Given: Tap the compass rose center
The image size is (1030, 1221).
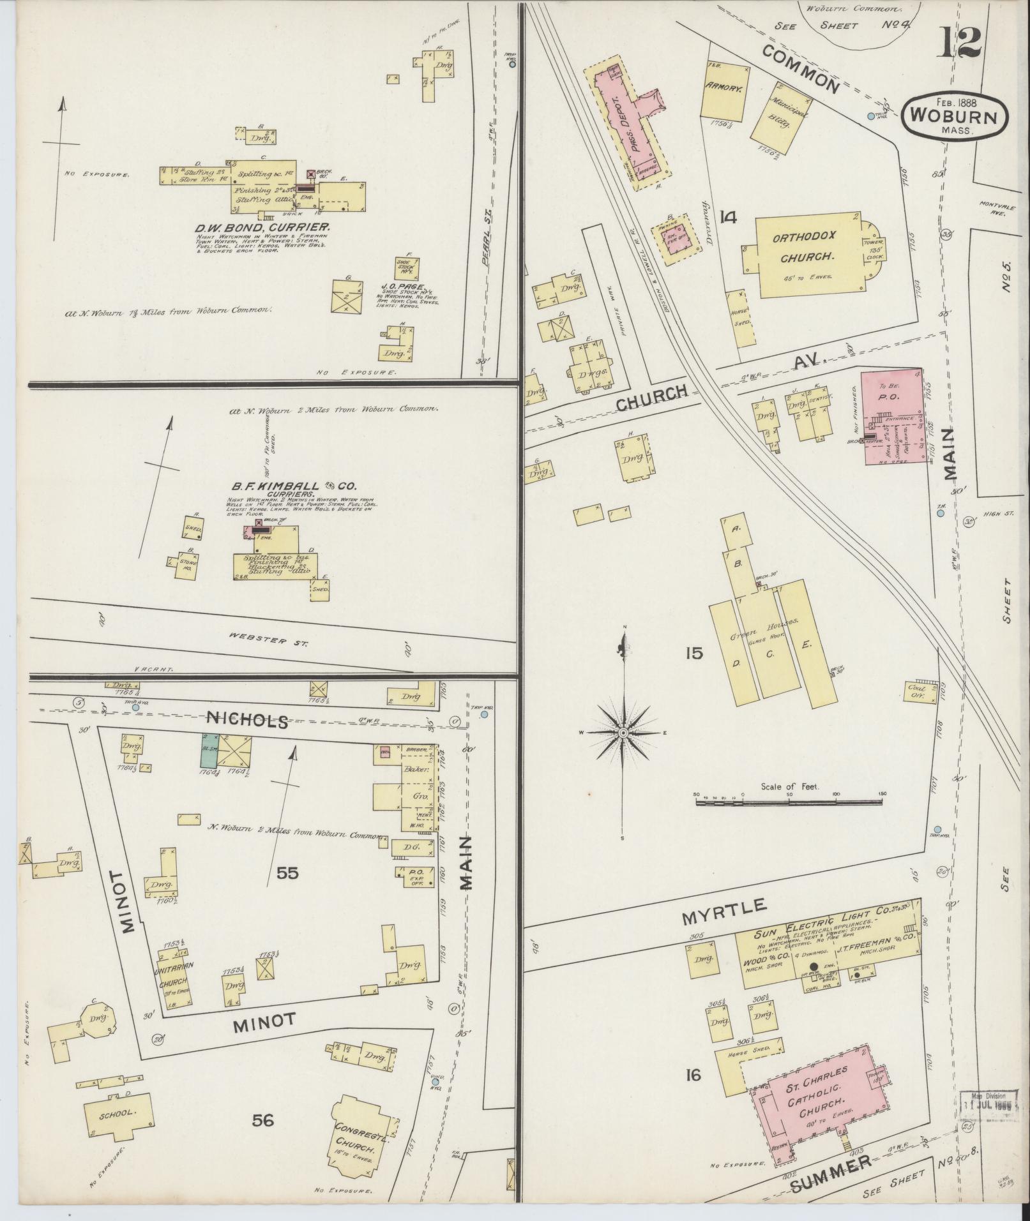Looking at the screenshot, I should (623, 733).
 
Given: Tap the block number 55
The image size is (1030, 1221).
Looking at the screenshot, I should (287, 873).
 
